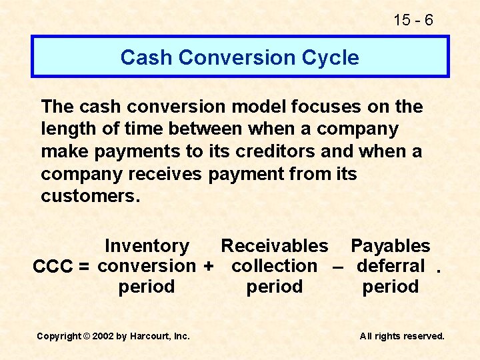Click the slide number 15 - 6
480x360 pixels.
pyautogui.click(x=413, y=21)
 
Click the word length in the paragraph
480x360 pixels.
pyautogui.click(x=69, y=129)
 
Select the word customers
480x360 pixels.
pyautogui.click(x=87, y=197)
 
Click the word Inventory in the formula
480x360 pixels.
pyautogui.click(x=147, y=246)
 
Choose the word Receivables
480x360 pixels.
pyautogui.click(x=274, y=246)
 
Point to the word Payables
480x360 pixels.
pyautogui.click(x=390, y=246)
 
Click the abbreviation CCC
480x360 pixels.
pyautogui.click(x=53, y=267)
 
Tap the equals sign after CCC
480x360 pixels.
pyautogui.click(x=83, y=267)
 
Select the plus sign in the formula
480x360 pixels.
pyautogui.click(x=208, y=267)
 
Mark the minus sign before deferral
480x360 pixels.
pyautogui.click(x=337, y=267)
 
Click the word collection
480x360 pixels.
pyautogui.click(x=274, y=266)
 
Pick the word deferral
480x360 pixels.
pyautogui.click(x=391, y=266)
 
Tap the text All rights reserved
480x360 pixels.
pyautogui.click(x=401, y=336)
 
